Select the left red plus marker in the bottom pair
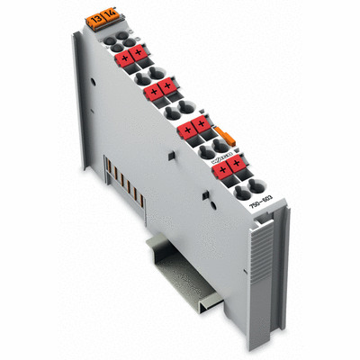click(x=221, y=166)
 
